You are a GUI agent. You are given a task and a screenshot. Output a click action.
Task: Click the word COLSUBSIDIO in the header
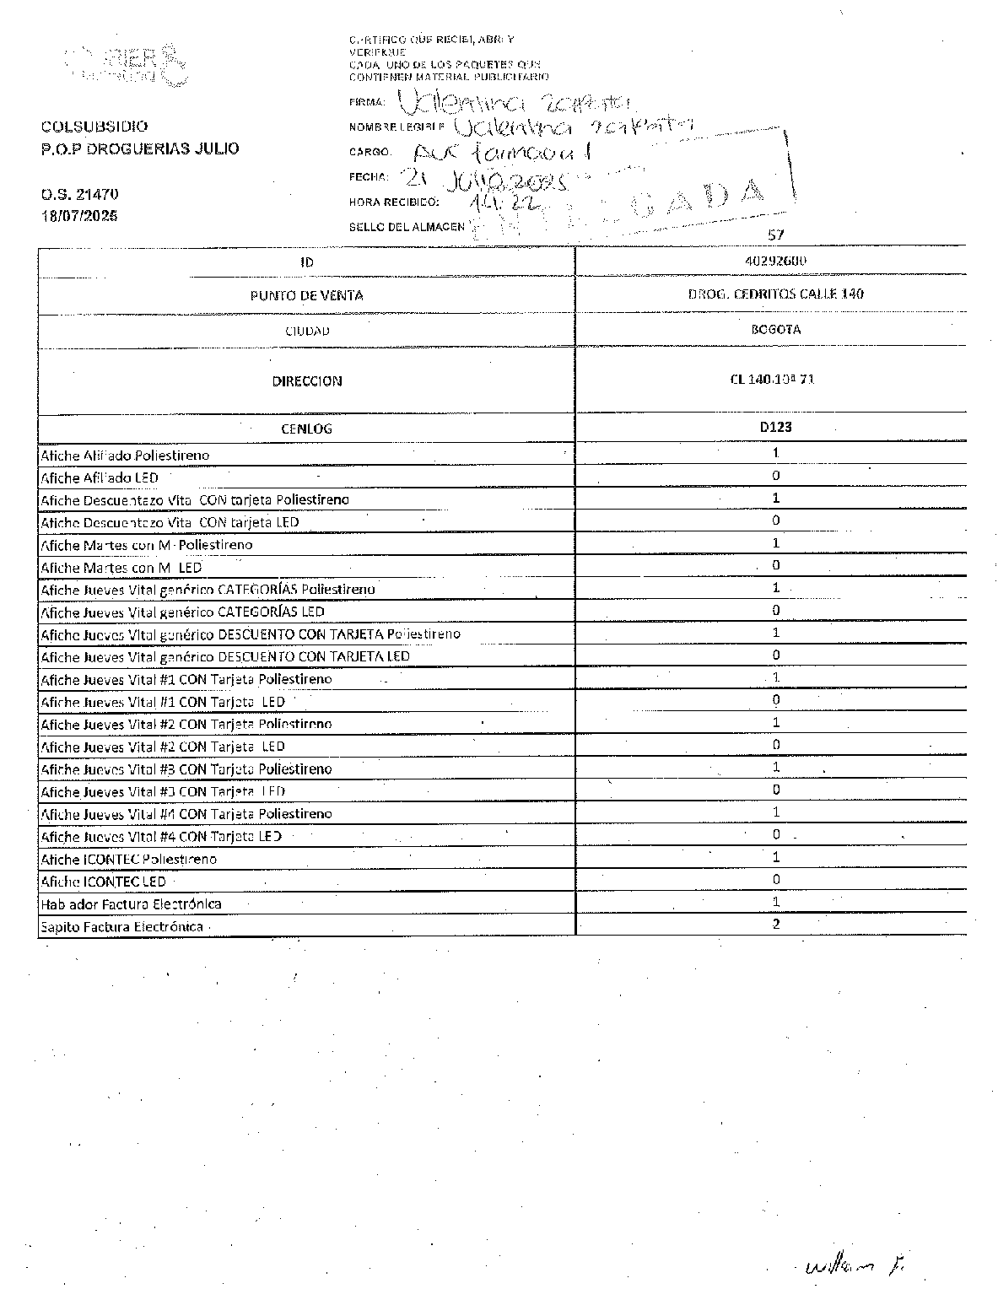pyautogui.click(x=94, y=127)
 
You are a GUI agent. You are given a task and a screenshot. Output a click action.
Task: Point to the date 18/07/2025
pyautogui.click(x=80, y=216)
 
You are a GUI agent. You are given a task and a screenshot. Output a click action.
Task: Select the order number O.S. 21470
pyautogui.click(x=80, y=194)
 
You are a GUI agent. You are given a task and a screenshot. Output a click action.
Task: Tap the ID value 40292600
pyautogui.click(x=776, y=261)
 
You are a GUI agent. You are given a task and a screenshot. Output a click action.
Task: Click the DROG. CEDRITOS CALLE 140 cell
pyautogui.click(x=775, y=294)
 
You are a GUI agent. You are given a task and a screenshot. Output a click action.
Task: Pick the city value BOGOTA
pyautogui.click(x=775, y=330)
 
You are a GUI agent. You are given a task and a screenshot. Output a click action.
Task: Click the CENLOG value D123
pyautogui.click(x=775, y=427)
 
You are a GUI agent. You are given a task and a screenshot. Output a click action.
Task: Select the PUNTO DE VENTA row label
pyautogui.click(x=306, y=295)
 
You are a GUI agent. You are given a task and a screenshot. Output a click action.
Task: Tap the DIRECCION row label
pyautogui.click(x=306, y=381)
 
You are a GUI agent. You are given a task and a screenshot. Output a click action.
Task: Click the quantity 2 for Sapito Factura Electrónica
pyautogui.click(x=776, y=924)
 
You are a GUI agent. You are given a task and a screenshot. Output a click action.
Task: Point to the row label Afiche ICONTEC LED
pyautogui.click(x=103, y=882)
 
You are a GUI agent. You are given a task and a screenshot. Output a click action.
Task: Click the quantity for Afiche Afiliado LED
pyautogui.click(x=776, y=476)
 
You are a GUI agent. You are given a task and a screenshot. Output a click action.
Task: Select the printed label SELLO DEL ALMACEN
pyautogui.click(x=407, y=227)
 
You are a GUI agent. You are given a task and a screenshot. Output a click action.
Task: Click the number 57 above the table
pyautogui.click(x=776, y=235)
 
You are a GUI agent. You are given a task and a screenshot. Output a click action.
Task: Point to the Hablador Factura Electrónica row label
pyautogui.click(x=131, y=904)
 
